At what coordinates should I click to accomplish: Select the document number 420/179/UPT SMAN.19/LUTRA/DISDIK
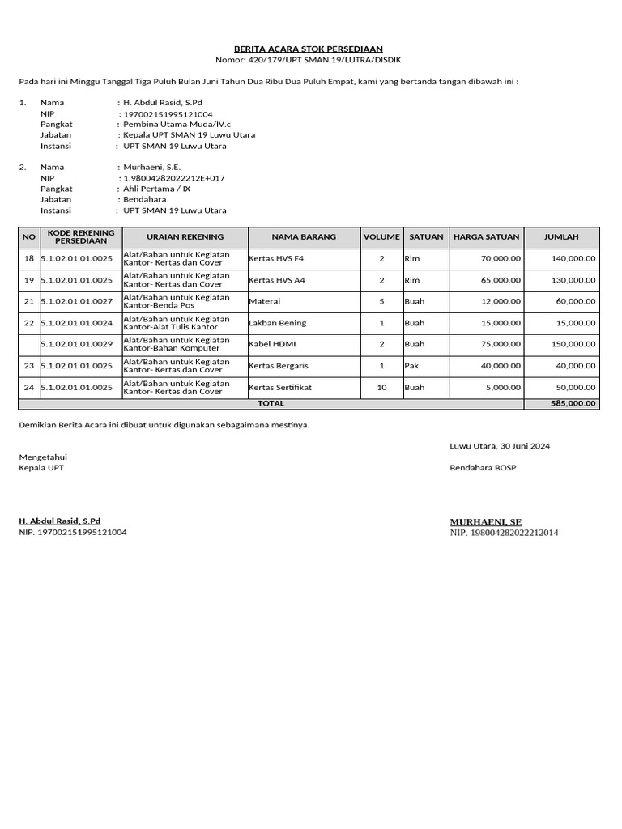[x=308, y=60]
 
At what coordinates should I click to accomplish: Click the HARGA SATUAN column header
[x=485, y=237]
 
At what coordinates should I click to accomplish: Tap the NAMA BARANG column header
[x=304, y=237]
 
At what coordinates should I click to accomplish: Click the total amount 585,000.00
[x=573, y=403]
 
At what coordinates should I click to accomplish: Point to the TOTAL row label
[x=271, y=403]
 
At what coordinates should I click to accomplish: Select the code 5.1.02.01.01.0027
[x=77, y=301]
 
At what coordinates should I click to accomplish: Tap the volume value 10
[x=381, y=388]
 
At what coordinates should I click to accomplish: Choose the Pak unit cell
[x=411, y=366]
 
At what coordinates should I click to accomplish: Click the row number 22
[x=29, y=323]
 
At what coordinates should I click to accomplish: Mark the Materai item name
[x=265, y=301]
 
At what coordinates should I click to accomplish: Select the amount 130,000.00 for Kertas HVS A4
[x=573, y=280]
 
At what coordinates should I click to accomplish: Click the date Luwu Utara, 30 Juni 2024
[x=501, y=446]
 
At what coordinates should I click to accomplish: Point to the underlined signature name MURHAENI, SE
[x=486, y=522]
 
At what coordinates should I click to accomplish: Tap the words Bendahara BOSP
[x=483, y=468]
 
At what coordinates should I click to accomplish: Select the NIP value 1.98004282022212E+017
[x=173, y=178]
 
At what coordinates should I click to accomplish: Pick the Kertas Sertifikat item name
[x=280, y=388]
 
